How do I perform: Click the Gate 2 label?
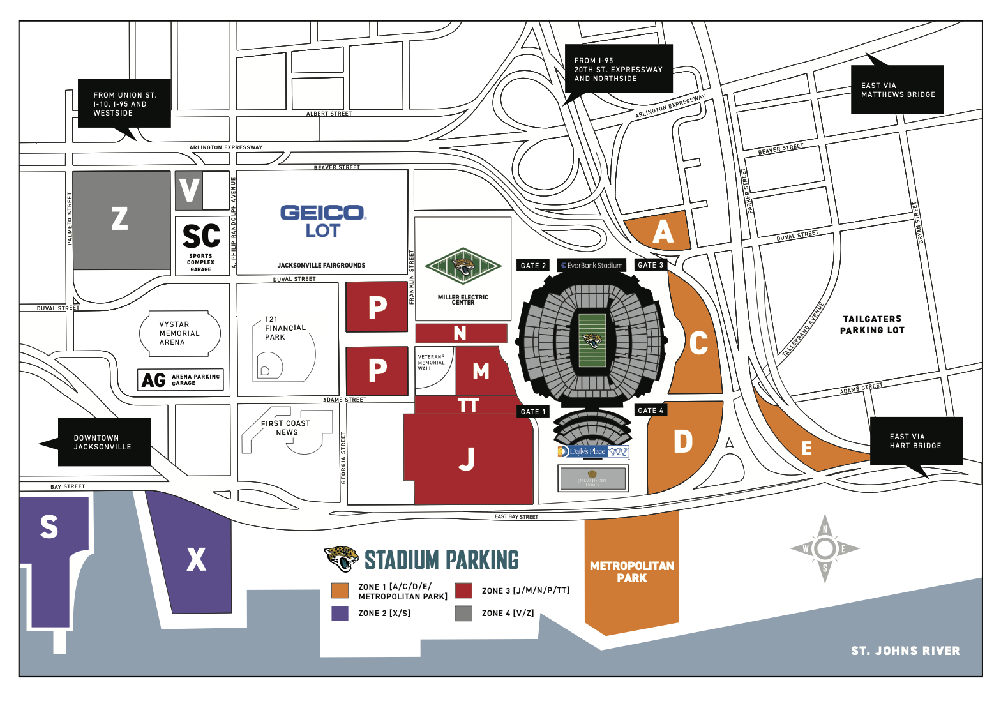coord(533,266)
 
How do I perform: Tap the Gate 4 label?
coord(651,411)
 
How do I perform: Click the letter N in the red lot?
coord(460,333)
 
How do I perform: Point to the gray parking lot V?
coord(189,190)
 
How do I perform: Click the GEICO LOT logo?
coord(322,221)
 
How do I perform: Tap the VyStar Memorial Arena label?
coord(179,333)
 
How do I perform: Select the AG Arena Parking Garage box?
coord(181,380)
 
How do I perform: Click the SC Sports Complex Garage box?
coord(202,246)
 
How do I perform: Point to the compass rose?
coord(825,548)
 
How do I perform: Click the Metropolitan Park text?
coord(631,571)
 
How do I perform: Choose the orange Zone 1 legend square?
coord(340,591)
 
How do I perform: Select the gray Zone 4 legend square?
coord(463,613)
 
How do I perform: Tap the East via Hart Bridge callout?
coord(915,441)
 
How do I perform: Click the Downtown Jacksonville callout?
coord(103,442)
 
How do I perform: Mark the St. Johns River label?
coord(905,651)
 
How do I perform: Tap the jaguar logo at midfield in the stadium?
coord(592,341)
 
